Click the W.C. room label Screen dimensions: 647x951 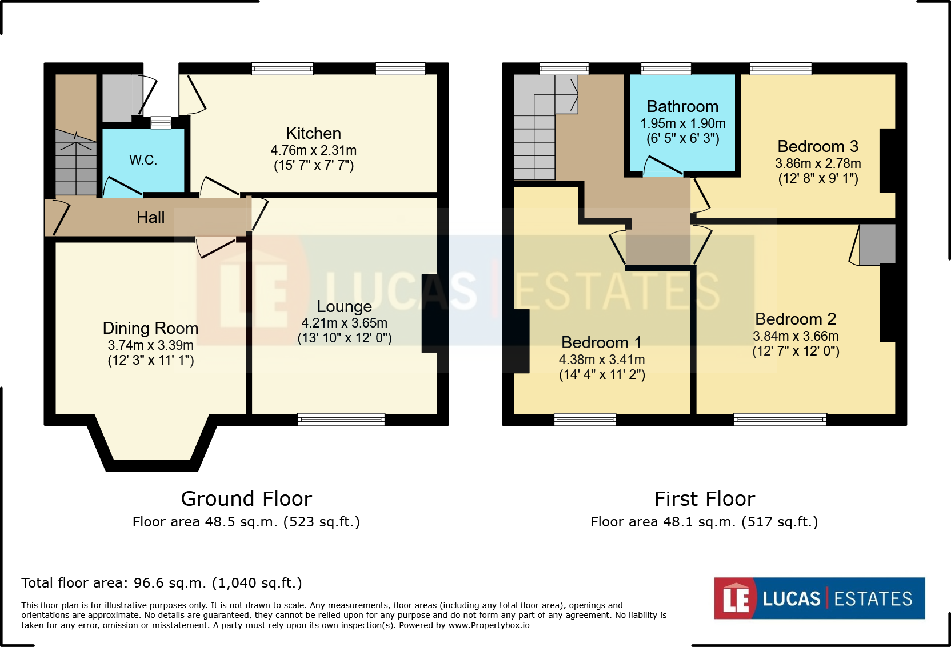143,160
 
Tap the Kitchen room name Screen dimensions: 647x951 313,134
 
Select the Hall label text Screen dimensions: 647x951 150,217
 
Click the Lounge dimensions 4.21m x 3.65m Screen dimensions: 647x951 344,323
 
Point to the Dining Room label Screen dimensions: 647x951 150,328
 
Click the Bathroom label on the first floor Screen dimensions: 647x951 682,107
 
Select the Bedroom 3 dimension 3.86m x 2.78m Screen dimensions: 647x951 818,163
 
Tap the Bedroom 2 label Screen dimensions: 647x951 795,319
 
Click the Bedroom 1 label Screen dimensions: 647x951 601,342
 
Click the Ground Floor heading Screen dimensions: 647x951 246,499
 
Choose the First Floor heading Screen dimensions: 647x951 704,499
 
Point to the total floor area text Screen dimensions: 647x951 162,583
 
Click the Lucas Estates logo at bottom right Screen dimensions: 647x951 819,598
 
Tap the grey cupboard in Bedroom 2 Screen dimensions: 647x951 877,245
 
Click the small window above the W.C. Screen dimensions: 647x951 161,122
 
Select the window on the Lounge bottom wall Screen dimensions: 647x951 341,420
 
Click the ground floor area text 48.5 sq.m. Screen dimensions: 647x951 246,522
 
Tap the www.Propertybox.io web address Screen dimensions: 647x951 489,625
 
